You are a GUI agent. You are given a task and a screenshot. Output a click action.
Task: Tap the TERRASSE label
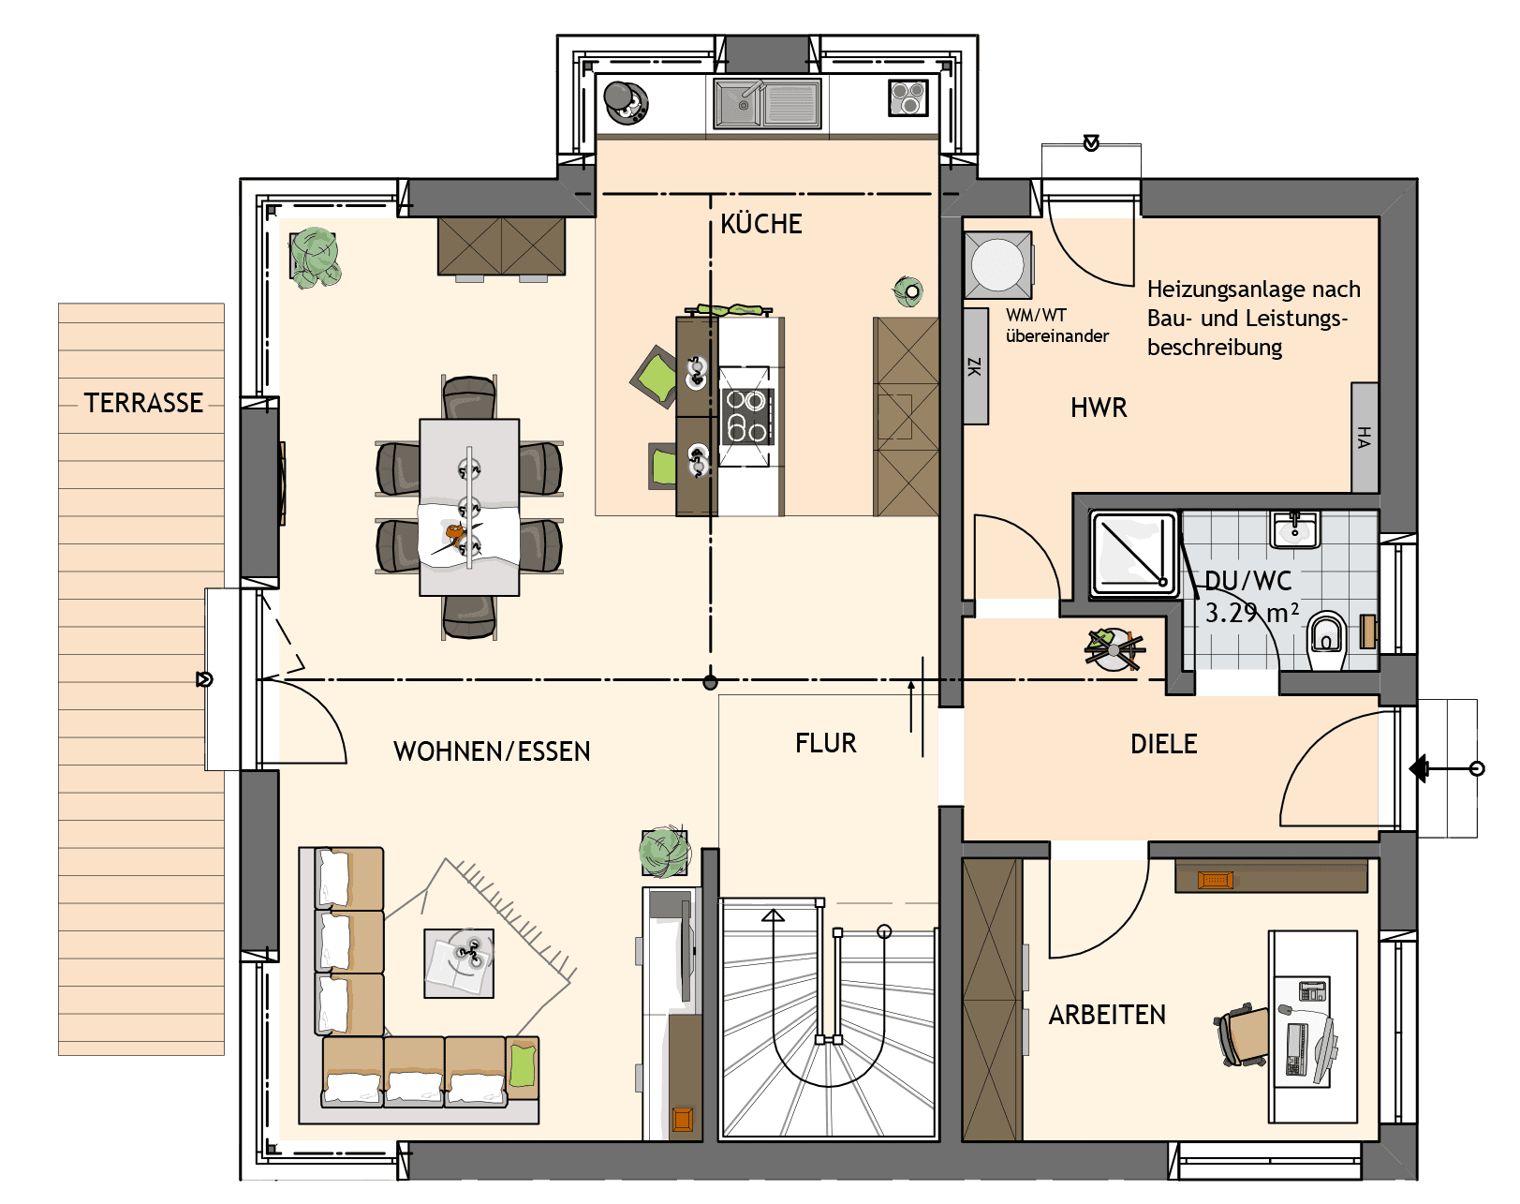[x=143, y=403]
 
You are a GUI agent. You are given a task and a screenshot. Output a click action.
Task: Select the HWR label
[x=1099, y=408]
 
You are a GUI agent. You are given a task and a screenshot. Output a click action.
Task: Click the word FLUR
[x=826, y=743]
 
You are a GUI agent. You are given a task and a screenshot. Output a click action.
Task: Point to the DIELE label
[x=1163, y=744]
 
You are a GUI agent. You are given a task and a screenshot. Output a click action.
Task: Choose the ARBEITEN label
[x=1107, y=1016]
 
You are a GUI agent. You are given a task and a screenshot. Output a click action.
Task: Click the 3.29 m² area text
[x=1251, y=613]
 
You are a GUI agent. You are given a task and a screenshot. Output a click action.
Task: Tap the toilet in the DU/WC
[x=1326, y=639]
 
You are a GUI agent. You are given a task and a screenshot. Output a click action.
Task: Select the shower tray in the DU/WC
[x=1133, y=553]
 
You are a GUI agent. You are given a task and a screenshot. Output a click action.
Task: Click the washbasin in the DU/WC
[x=1294, y=529]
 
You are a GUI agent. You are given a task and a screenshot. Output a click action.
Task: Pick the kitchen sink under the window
[x=767, y=104]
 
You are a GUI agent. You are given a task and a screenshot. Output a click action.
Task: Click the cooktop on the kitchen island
[x=747, y=416]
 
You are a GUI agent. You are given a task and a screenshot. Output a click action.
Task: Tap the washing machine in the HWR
[x=998, y=265]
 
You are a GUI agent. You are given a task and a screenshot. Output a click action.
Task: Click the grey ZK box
[x=976, y=366]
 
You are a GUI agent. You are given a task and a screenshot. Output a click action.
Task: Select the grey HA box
[x=1365, y=438]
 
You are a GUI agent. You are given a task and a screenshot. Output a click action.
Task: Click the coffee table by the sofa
[x=458, y=963]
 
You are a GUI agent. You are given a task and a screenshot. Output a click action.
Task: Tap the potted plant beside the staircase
[x=664, y=852]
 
